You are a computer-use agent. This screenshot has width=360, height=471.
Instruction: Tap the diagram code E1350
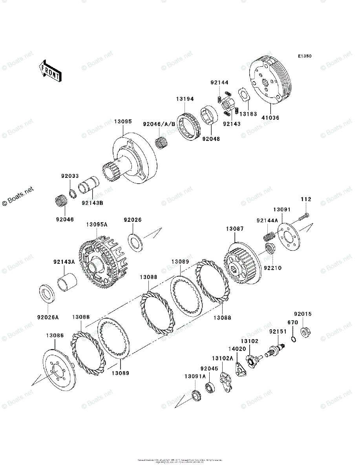coord(304,57)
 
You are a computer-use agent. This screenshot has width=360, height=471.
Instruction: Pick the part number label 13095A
coord(97,225)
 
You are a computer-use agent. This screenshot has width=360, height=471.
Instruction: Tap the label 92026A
coord(48,317)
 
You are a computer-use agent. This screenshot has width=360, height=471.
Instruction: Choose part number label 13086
coord(55,336)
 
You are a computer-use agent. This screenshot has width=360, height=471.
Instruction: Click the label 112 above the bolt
coord(306,199)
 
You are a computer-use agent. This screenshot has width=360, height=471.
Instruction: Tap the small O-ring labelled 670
coord(293,339)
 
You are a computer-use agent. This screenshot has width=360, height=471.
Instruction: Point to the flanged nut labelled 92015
coord(304,332)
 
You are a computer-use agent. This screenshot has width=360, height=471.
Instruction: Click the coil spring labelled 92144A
coord(268,237)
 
